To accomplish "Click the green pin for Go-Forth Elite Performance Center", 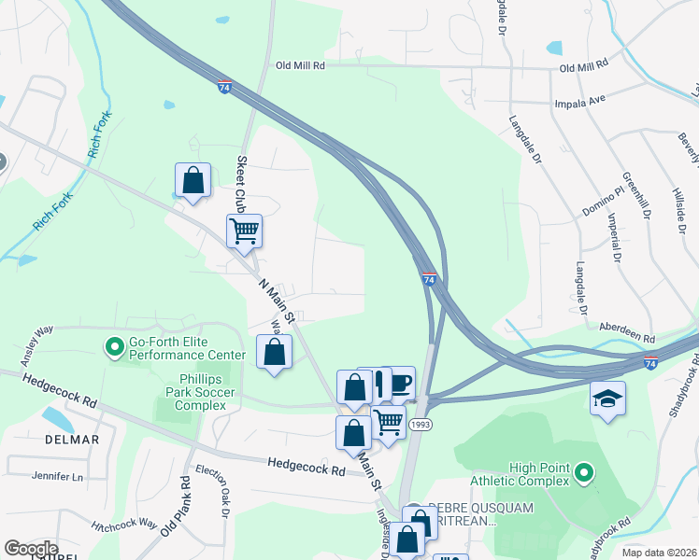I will (115, 348).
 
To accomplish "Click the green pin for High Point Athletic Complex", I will (584, 473).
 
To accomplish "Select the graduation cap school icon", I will (607, 399).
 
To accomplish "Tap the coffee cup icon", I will (400, 382).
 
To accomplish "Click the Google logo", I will (30, 549).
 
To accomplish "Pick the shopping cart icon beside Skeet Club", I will (245, 230).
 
